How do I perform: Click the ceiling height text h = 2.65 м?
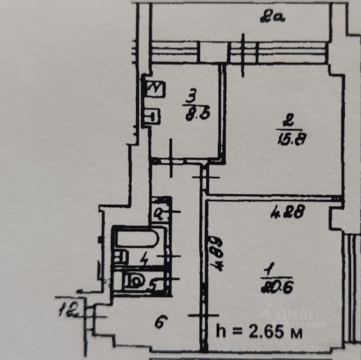[259, 332]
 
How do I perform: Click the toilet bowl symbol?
[134, 281]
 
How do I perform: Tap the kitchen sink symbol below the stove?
[152, 116]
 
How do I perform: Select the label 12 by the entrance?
[68, 310]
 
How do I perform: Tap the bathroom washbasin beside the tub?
[120, 257]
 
